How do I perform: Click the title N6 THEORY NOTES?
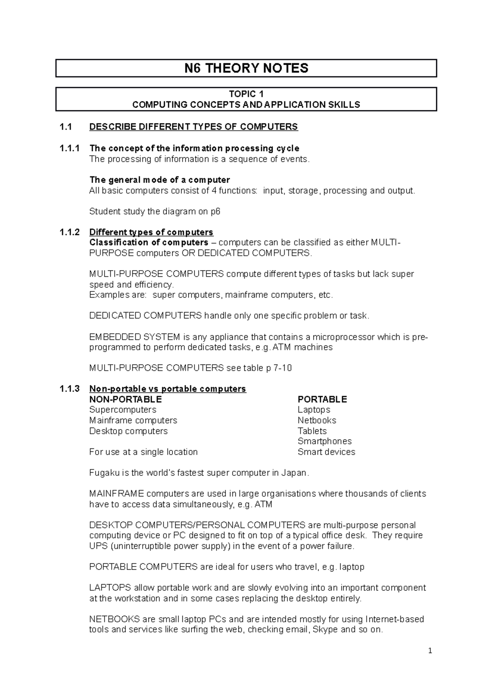coord(246,68)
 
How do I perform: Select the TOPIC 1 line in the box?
coord(246,94)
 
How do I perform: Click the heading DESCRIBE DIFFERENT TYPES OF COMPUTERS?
coord(194,127)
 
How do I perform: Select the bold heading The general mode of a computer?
coord(159,180)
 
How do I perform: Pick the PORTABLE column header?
coord(322,399)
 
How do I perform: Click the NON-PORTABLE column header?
coord(125,399)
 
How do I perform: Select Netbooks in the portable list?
coord(317,420)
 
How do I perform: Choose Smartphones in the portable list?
coord(324,441)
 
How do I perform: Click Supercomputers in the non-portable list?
coord(123,409)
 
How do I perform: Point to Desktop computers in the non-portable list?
coord(128,431)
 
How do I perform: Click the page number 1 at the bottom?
coord(430,651)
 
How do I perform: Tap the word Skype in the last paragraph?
coord(325,629)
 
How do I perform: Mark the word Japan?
coord(294,473)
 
